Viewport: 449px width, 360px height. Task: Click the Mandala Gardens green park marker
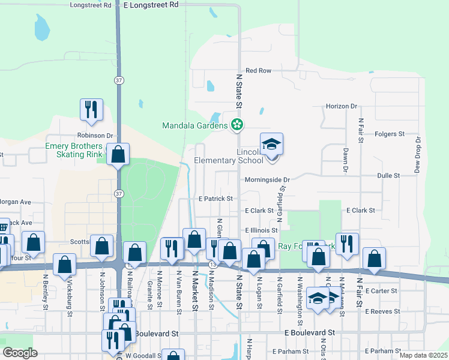tap(238, 125)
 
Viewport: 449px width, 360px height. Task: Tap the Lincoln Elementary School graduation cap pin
tap(271, 144)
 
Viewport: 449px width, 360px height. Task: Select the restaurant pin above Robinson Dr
tap(91, 110)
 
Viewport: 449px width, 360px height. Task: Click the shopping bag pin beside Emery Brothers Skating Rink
tap(118, 154)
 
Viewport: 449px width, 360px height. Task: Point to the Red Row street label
tap(259, 71)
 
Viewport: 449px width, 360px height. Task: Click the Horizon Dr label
tap(342, 106)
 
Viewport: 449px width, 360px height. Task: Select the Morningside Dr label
tap(267, 179)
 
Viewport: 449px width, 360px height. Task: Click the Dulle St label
tap(389, 175)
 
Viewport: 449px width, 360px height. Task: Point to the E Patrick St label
tap(215, 198)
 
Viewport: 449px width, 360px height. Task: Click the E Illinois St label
tap(261, 230)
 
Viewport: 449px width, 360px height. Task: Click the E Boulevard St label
tap(309, 332)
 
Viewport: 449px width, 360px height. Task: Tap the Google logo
tap(20, 353)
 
